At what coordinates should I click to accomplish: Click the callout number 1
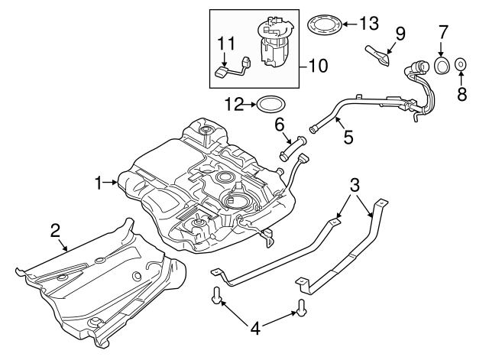point(98,183)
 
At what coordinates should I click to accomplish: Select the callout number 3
point(355,185)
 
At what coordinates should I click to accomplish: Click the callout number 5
point(348,138)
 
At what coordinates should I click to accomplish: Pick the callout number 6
point(280,122)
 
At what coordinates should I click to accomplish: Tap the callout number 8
point(461,95)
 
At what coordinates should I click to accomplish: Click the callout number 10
point(318,66)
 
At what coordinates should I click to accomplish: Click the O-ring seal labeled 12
point(270,102)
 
